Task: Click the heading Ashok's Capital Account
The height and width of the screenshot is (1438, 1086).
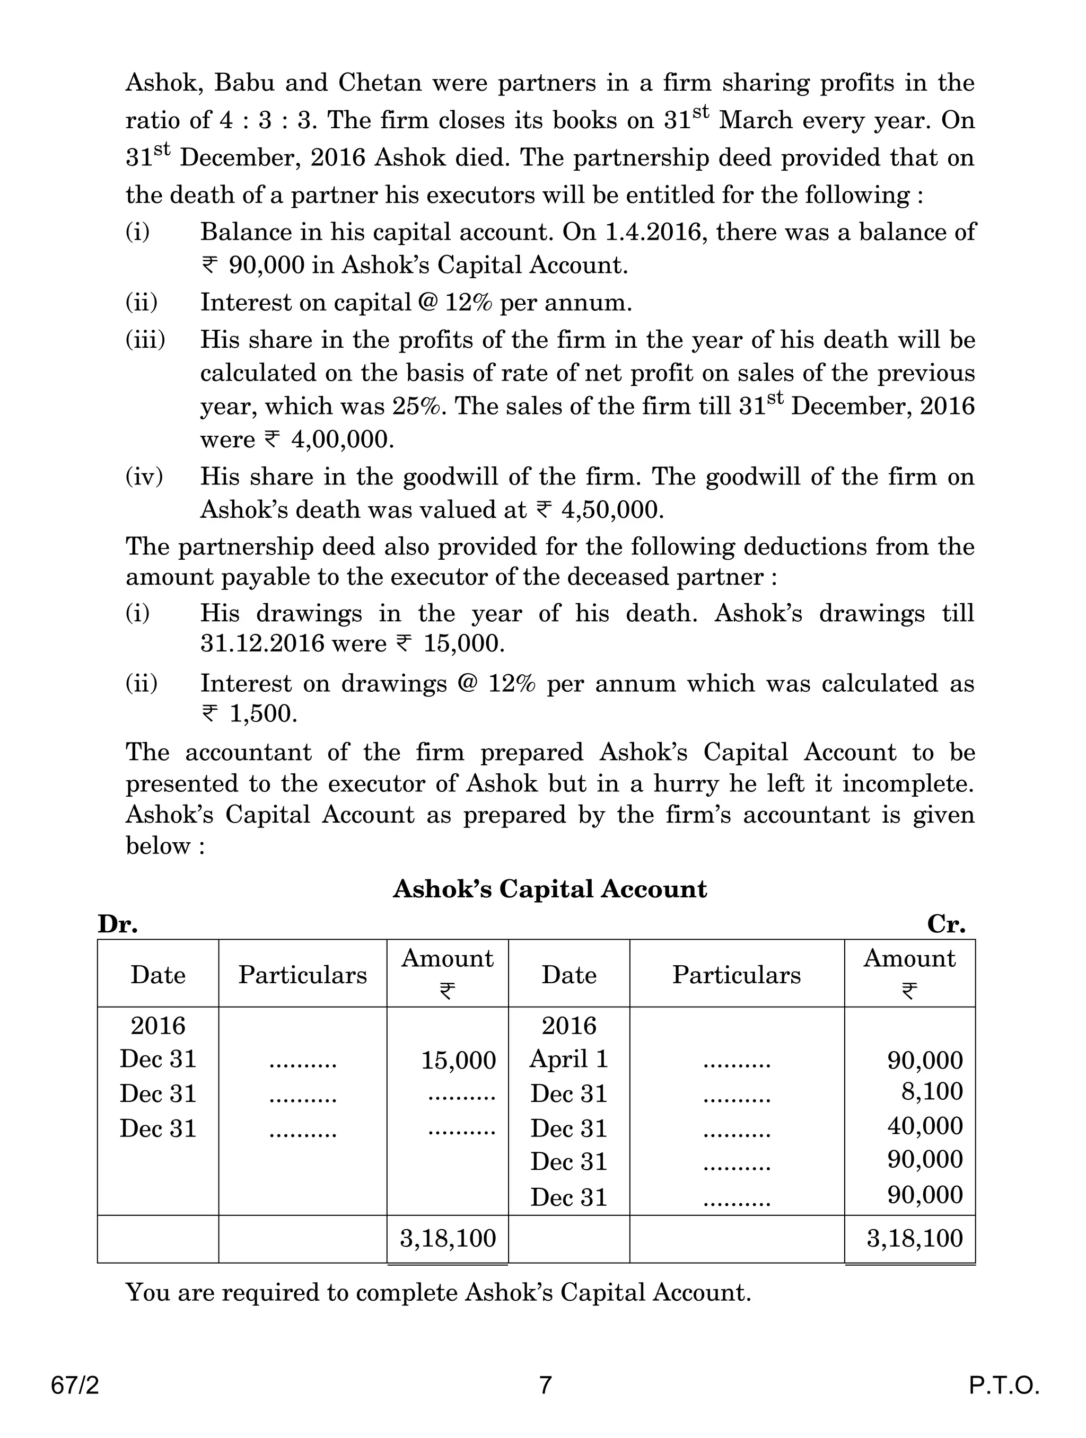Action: pos(549,889)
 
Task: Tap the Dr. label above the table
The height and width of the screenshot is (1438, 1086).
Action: pos(118,924)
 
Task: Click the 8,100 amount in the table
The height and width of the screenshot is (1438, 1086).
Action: pos(931,1091)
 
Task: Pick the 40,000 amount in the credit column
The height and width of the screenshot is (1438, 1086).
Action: pos(925,1126)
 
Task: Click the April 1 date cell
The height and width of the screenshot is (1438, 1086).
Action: pos(568,1059)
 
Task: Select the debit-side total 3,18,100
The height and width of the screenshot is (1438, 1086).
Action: pos(448,1238)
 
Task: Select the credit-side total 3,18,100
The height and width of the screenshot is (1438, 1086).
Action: pos(914,1238)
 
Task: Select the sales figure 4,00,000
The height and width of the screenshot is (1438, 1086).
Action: pos(342,440)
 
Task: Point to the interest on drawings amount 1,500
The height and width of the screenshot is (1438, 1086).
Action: pos(262,714)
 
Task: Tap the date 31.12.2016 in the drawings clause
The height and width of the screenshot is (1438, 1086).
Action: pos(262,643)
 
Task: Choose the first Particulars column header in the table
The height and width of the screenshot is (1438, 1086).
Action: pos(302,975)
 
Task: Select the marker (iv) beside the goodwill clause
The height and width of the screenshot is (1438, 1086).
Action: pos(144,477)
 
